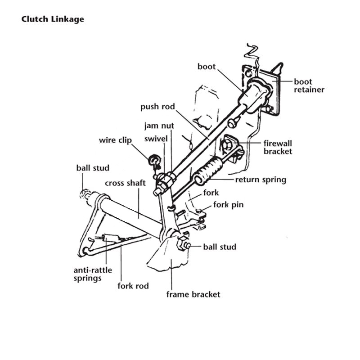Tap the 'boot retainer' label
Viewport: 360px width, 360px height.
point(309,85)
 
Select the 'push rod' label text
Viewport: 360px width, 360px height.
point(157,107)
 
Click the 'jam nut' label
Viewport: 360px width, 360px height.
point(159,126)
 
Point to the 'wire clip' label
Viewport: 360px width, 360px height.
point(115,140)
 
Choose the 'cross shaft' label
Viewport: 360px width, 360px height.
point(125,183)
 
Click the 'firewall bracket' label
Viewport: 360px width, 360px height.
point(278,147)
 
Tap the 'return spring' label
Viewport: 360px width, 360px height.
point(261,180)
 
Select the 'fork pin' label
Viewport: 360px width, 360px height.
point(228,205)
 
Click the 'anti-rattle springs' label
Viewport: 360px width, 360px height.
point(92,274)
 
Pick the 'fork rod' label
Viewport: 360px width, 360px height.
point(133,286)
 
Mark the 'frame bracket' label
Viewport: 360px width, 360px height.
point(193,294)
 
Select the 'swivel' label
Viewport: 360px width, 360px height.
point(156,139)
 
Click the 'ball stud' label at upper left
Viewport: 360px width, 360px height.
point(93,168)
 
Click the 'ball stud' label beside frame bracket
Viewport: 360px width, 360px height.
point(220,247)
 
